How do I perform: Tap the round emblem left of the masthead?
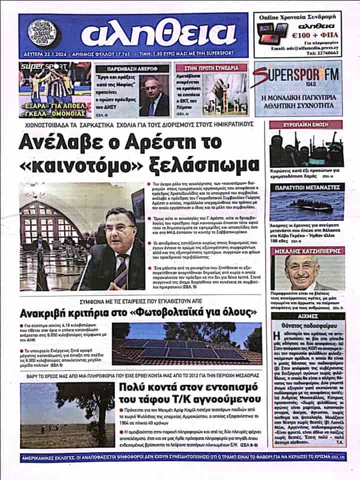click(x=42, y=33)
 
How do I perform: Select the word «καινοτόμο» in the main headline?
click(x=79, y=164)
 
